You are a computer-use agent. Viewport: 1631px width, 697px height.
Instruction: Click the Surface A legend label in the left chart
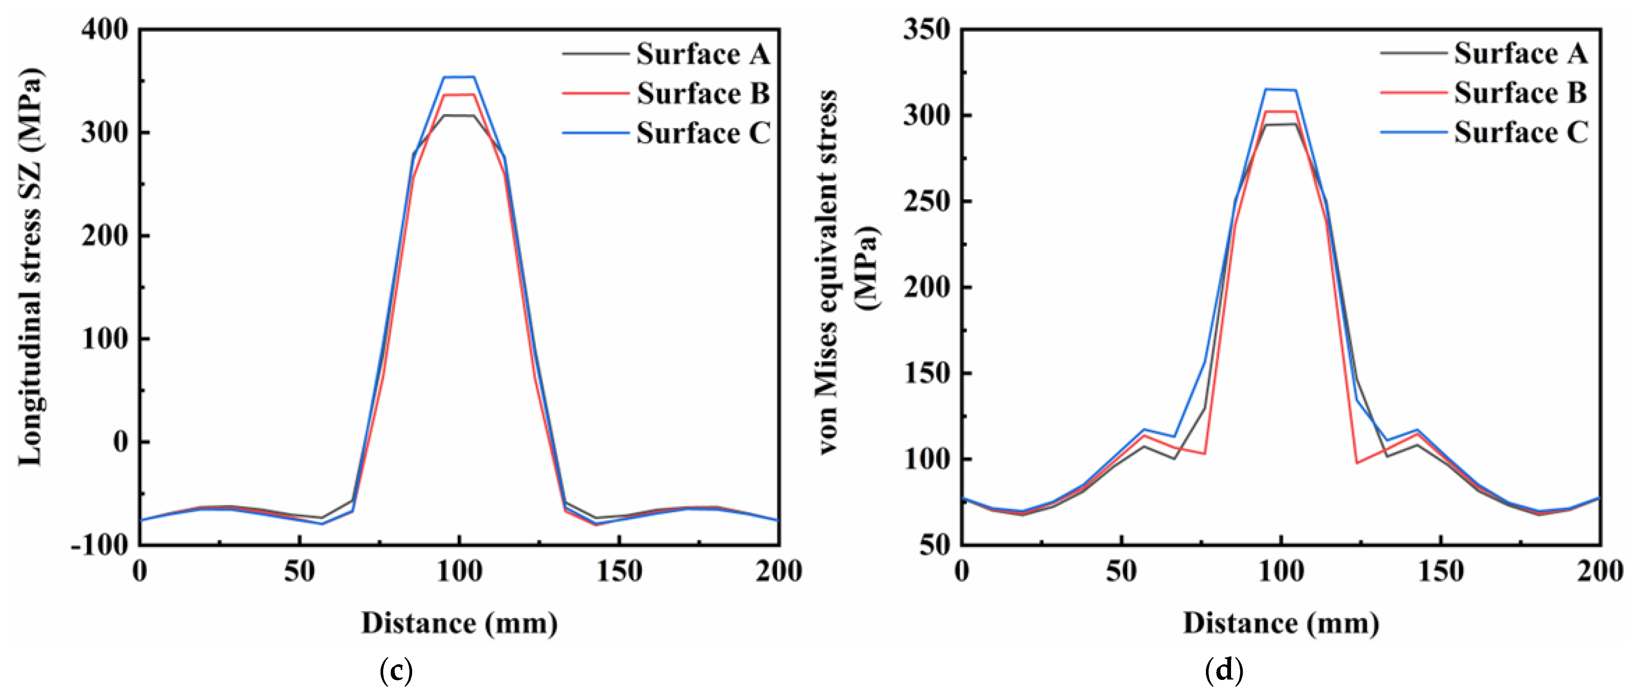(x=703, y=54)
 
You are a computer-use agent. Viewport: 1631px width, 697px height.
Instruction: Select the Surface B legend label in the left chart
(x=703, y=94)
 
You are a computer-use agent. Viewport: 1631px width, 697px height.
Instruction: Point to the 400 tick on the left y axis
(x=105, y=30)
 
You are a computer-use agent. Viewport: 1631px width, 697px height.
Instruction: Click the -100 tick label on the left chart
(x=100, y=545)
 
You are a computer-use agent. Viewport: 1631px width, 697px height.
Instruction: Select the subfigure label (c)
(x=396, y=670)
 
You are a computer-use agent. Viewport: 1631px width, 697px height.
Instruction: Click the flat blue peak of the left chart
(x=459, y=77)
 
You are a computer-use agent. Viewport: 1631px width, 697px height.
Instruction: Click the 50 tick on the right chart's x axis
(x=1121, y=572)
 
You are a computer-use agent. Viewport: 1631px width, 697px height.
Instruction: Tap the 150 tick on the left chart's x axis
(x=619, y=572)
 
